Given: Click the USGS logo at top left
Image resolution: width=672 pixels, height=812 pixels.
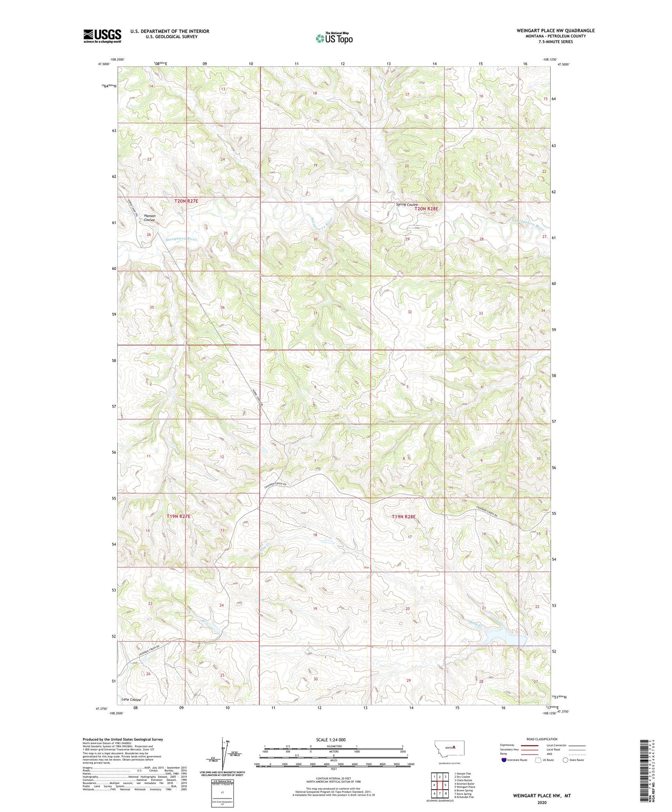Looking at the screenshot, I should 102,36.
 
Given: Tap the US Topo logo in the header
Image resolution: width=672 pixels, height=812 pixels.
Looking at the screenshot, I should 334,38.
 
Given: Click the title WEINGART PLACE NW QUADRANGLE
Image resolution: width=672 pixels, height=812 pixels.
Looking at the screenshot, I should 555,31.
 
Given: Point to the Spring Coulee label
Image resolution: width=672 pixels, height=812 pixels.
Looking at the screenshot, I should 407,205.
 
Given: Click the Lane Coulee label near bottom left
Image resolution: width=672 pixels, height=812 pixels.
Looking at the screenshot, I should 131,699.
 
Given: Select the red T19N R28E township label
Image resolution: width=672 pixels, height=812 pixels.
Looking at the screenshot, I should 403,517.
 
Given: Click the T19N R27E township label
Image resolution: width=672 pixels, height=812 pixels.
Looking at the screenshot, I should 179,517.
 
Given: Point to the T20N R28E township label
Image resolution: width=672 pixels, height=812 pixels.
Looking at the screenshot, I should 426,209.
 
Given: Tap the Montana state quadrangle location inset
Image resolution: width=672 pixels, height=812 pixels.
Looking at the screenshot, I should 446,748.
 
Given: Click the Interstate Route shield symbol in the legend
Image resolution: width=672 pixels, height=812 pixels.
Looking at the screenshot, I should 504,760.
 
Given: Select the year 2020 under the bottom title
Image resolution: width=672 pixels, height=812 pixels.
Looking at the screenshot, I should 541,803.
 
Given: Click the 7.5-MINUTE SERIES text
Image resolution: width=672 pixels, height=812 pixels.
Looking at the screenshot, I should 556,42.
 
